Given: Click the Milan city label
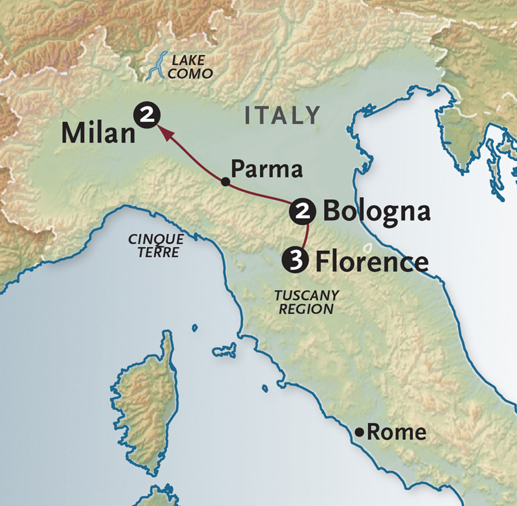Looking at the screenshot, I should [x=98, y=132].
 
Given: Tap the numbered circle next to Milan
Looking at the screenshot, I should [x=148, y=113].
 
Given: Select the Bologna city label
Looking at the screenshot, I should [x=376, y=211].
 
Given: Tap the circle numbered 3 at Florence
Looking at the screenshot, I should [x=294, y=261].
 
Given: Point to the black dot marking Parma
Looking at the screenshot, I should [x=226, y=181].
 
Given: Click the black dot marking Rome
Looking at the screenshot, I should [x=360, y=432].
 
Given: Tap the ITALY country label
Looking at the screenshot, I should [x=282, y=115].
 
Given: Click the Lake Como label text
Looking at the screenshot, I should [x=192, y=67].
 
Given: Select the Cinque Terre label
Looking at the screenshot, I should [x=156, y=245].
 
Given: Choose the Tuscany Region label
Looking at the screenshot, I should [x=306, y=302].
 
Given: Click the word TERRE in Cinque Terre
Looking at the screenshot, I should [x=158, y=253].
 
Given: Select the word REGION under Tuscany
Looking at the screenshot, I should [x=311, y=309].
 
